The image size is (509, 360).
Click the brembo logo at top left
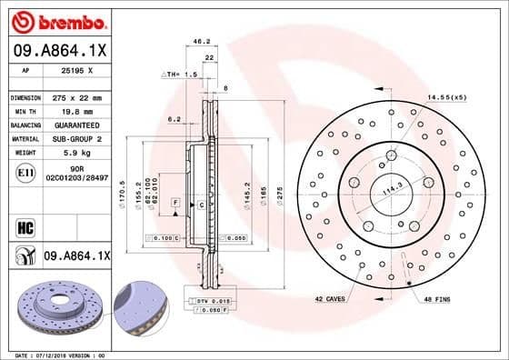(55, 20)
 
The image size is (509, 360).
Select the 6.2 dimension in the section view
(175, 119)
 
